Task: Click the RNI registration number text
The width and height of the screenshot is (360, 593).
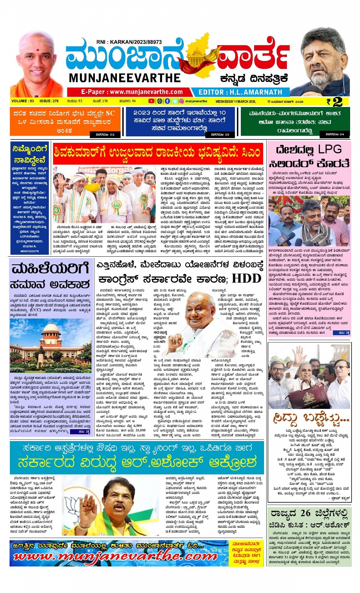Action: (x=129, y=42)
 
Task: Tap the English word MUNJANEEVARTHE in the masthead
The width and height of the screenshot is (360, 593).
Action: (x=125, y=78)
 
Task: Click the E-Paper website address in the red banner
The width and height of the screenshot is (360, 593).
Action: (x=132, y=92)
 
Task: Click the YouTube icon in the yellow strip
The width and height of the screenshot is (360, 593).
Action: (x=151, y=101)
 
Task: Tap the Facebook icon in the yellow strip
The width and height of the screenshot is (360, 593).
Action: (x=167, y=101)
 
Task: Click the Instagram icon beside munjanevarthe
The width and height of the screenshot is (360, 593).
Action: (x=182, y=101)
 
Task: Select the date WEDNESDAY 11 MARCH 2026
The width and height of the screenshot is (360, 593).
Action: (x=235, y=102)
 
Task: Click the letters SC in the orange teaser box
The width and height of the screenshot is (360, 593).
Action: (x=110, y=113)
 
